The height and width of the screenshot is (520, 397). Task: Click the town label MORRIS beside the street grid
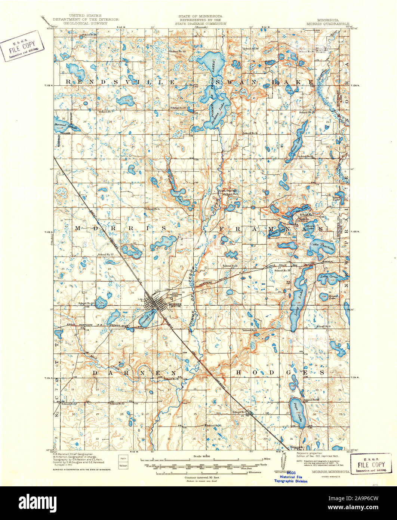pyautogui.click(x=175, y=305)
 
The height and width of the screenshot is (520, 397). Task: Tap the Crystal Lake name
pyautogui.click(x=148, y=317)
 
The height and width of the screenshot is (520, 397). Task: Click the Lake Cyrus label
pyautogui.click(x=329, y=277)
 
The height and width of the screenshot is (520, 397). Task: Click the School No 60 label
pyautogui.click(x=86, y=303)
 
